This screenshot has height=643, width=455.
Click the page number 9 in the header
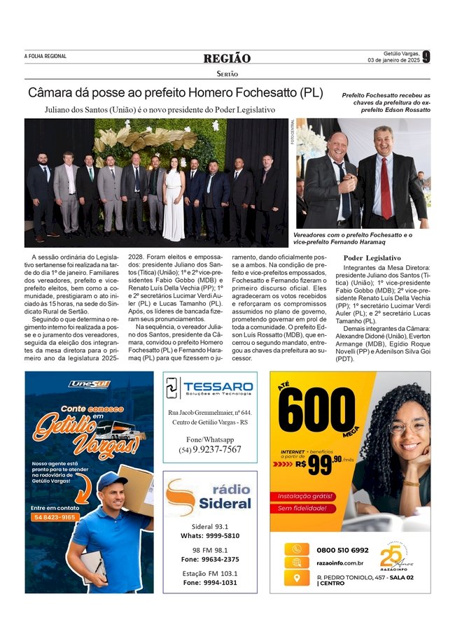[x=426, y=57]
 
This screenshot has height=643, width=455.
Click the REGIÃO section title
[x=227, y=58]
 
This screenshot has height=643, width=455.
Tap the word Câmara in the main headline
[x=53, y=93]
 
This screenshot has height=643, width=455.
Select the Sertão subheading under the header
[x=227, y=73]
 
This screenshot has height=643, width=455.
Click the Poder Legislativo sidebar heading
[x=372, y=257]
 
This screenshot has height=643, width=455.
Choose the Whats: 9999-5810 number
[x=210, y=535]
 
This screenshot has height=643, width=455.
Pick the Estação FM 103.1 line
[x=210, y=573]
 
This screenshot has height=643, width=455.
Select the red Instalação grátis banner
[x=302, y=495]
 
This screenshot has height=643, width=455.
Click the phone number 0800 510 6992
[x=343, y=550]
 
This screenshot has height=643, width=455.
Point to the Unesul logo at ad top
[x=89, y=383]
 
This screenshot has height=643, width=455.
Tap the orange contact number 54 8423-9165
[x=55, y=517]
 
